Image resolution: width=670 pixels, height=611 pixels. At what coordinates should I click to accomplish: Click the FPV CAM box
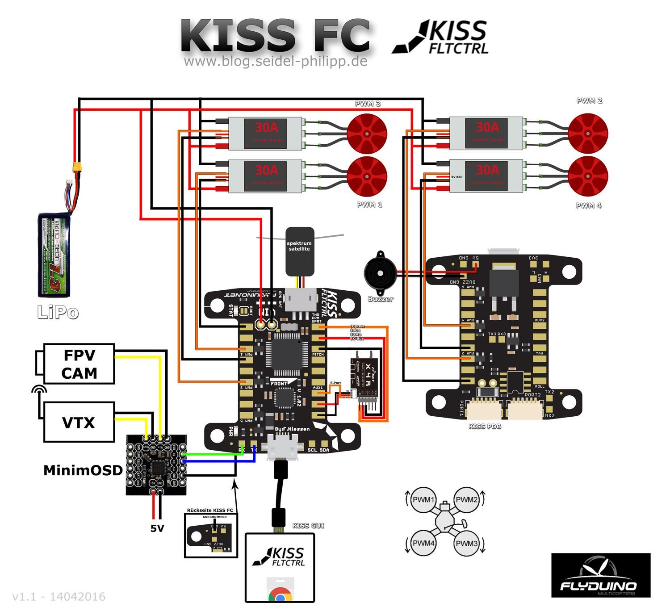pyautogui.click(x=79, y=364)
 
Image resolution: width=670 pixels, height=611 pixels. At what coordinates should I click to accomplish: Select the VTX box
pyautogui.click(x=79, y=422)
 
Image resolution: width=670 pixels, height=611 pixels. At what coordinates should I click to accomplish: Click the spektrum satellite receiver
pyautogui.click(x=300, y=251)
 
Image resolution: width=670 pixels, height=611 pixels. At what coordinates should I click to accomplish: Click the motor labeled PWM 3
pyautogui.click(x=367, y=134)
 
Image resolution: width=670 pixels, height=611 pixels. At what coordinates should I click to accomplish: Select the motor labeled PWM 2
pyautogui.click(x=588, y=134)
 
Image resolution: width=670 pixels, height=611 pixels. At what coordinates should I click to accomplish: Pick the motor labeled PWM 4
pyautogui.click(x=588, y=176)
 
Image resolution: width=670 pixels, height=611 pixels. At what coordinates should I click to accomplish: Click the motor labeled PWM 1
pyautogui.click(x=367, y=176)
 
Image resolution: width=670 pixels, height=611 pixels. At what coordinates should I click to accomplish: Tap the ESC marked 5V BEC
pyautogui.click(x=486, y=176)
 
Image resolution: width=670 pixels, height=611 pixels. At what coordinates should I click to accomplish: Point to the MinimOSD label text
pyautogui.click(x=83, y=470)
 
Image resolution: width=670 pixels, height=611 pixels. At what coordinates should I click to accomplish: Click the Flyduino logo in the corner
pyautogui.click(x=601, y=575)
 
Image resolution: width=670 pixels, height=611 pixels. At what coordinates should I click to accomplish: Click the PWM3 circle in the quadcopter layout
pyautogui.click(x=467, y=543)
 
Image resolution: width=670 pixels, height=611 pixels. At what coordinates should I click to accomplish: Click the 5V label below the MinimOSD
pyautogui.click(x=157, y=528)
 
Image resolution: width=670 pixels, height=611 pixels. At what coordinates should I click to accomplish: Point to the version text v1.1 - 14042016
pyautogui.click(x=59, y=597)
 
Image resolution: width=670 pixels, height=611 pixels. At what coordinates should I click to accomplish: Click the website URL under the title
pyautogui.click(x=276, y=61)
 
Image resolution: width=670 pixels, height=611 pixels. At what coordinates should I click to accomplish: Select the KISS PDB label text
pyautogui.click(x=485, y=427)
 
